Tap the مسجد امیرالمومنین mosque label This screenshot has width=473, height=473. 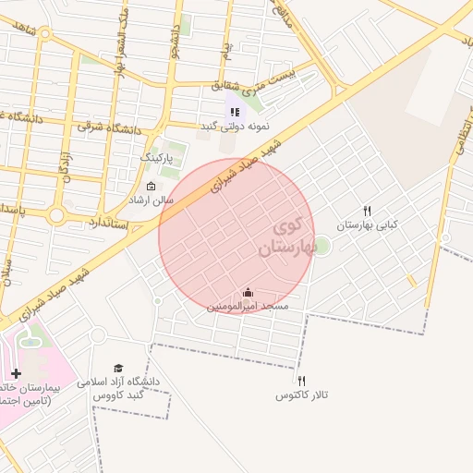click(248, 305)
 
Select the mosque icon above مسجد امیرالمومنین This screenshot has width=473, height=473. click(248, 292)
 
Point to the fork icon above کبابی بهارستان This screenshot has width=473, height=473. click(368, 211)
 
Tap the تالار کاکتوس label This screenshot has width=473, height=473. click(302, 395)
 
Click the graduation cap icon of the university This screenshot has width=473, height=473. click(117, 368)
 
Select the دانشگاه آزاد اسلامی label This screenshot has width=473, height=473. click(124, 382)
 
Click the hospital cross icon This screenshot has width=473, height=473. click(16, 373)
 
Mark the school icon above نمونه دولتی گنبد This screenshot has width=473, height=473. click(235, 112)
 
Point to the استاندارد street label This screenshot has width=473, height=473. click(109, 224)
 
